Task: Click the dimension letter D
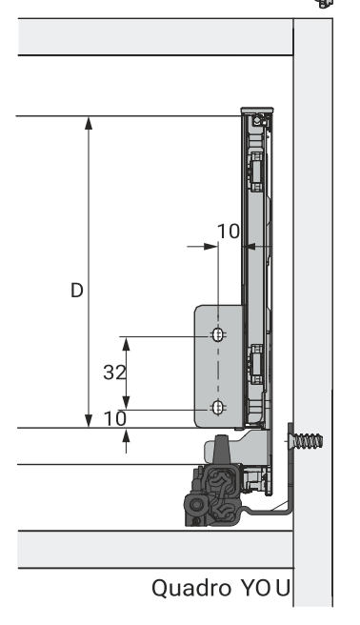pyautogui.click(x=77, y=291)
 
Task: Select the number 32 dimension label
pyautogui.click(x=114, y=373)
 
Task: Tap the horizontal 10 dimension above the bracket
pyautogui.click(x=229, y=232)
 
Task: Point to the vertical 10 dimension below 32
pyautogui.click(x=114, y=418)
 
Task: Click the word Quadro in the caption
pyautogui.click(x=191, y=589)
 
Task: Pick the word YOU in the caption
pyautogui.click(x=265, y=588)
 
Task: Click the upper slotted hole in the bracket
pyautogui.click(x=217, y=334)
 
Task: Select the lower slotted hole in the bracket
pyautogui.click(x=217, y=408)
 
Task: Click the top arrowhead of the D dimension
pyautogui.click(x=89, y=123)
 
